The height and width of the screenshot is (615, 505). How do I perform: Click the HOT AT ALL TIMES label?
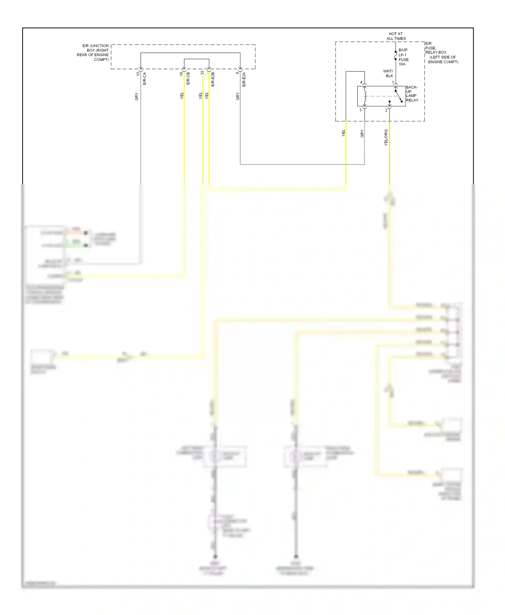pos(396,36)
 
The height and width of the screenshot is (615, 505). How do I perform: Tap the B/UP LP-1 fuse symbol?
pos(396,56)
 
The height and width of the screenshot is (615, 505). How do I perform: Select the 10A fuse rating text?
pos(402,64)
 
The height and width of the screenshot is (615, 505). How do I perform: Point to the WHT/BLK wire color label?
pos(388,73)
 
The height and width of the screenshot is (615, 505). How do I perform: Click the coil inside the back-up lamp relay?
pos(365,96)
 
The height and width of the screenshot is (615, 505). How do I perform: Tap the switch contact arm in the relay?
pos(399,96)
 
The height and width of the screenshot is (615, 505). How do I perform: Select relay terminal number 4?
pos(361,82)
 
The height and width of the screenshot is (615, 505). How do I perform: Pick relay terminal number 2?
pos(386,110)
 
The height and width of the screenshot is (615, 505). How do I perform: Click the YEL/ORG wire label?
pos(386,137)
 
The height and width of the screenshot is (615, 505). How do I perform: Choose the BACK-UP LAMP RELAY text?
pos(412,94)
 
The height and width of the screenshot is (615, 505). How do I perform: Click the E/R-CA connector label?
pos(144,78)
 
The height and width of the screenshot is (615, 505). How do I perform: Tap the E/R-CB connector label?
pos(188,78)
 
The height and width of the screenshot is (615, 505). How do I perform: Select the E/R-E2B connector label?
pos(213,79)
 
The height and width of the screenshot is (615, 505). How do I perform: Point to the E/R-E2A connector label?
pos(244,79)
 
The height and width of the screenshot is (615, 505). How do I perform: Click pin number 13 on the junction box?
pos(138,74)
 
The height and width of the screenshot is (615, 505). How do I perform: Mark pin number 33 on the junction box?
pos(202,73)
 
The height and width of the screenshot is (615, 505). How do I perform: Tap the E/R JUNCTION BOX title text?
pos(93,52)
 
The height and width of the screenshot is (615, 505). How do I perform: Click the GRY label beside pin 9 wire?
pos(238,96)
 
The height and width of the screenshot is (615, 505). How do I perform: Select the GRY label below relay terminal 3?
pos(362,134)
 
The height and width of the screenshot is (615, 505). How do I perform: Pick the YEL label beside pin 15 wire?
pos(182,96)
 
